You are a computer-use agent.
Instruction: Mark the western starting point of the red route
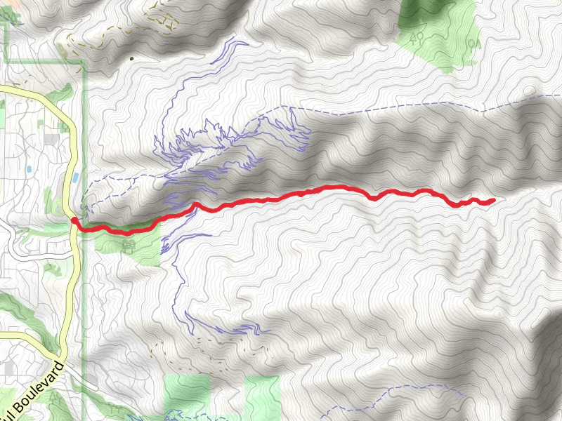click(x=74, y=220)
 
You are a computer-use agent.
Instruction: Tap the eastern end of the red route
click(x=492, y=200)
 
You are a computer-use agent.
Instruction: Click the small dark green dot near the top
click(x=131, y=58)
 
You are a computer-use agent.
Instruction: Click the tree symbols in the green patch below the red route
click(x=128, y=245)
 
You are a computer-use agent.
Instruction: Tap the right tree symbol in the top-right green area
click(x=472, y=44)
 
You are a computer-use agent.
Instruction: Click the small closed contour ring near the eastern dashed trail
click(x=528, y=91)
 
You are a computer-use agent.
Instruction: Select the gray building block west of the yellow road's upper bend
click(x=51, y=139)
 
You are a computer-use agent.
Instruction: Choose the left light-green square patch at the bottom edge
click(x=187, y=394)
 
